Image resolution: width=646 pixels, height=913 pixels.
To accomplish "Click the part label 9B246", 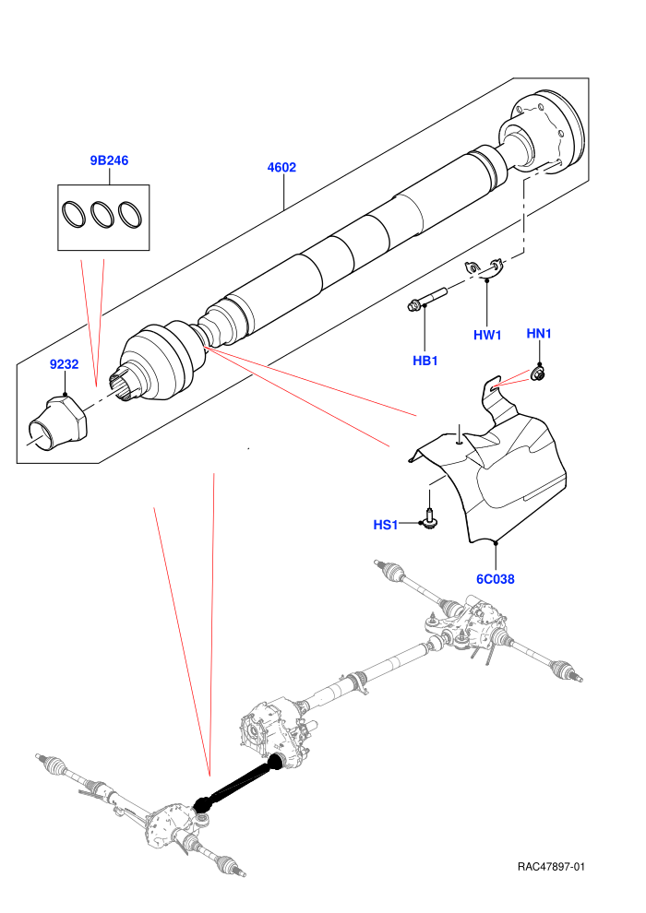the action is click(x=109, y=160).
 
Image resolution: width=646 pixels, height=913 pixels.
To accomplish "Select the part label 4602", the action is click(x=281, y=167).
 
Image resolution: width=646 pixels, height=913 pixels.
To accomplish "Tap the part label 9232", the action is click(x=64, y=364).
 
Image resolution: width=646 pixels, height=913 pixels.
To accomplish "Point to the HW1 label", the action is click(x=487, y=335).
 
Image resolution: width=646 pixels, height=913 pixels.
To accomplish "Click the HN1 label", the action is click(x=539, y=334).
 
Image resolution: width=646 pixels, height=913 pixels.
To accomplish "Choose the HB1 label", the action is click(x=425, y=361).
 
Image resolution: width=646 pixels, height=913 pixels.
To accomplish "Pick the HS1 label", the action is click(x=385, y=526).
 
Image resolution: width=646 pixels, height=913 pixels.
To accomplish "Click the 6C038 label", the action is click(x=496, y=579).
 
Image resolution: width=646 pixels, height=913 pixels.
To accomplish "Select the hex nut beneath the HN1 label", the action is click(x=538, y=373).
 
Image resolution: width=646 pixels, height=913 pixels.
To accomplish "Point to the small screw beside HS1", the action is click(x=429, y=519).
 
